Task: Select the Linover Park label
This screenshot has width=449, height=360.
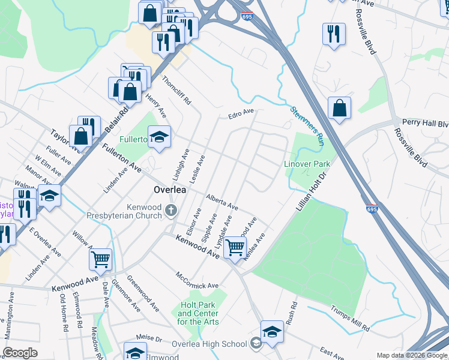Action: pos(307,164)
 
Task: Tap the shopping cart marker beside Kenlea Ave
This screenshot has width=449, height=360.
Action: pos(235,246)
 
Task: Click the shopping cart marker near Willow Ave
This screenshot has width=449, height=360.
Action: pos(100,259)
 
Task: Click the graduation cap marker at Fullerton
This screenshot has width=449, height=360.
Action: pos(159,137)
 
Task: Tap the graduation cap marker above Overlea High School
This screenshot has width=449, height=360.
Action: pos(272,331)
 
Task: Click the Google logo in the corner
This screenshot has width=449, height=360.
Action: pos(20,353)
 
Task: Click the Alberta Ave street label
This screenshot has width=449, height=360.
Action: pos(221,202)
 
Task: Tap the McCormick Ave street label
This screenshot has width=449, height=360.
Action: pos(197,280)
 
